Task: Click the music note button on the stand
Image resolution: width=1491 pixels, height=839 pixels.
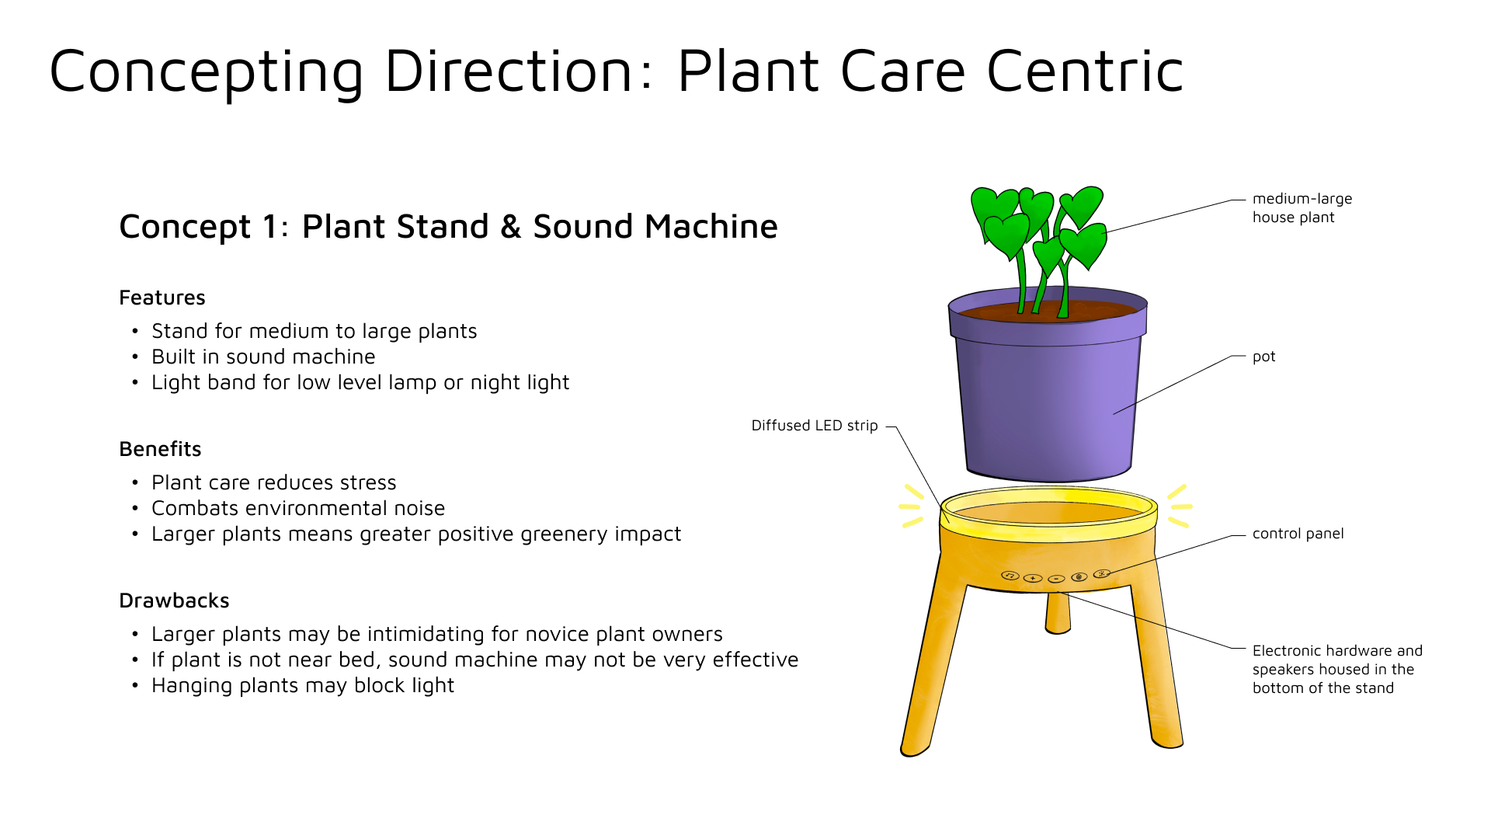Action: tap(1010, 576)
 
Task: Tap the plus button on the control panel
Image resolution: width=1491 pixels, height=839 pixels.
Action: tap(1033, 578)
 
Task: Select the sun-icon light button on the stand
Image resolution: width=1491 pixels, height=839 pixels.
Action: tap(1101, 574)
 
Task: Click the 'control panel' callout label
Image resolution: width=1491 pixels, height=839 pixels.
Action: tap(1298, 534)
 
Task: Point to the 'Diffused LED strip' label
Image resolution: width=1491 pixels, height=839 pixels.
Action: tap(814, 426)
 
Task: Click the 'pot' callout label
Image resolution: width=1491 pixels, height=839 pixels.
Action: tap(1263, 357)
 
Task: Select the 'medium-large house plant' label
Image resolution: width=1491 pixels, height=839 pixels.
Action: tap(1302, 208)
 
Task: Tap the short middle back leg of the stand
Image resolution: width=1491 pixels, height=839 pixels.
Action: tap(1058, 613)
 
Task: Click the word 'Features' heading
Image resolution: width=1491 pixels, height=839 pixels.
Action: tap(162, 298)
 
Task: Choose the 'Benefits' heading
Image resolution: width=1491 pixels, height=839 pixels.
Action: tap(160, 449)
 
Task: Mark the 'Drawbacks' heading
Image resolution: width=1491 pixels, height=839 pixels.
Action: tap(174, 601)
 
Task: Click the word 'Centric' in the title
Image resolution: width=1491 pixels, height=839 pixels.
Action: tap(1085, 71)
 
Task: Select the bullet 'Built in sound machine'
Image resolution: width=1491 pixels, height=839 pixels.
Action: tap(263, 357)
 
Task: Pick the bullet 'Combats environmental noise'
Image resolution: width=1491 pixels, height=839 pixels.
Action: tap(298, 508)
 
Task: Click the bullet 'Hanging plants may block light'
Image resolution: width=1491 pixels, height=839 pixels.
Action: tap(303, 685)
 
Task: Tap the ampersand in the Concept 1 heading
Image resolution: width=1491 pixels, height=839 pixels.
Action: tap(510, 227)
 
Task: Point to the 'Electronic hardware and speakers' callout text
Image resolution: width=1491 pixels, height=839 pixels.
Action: tap(1336, 669)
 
